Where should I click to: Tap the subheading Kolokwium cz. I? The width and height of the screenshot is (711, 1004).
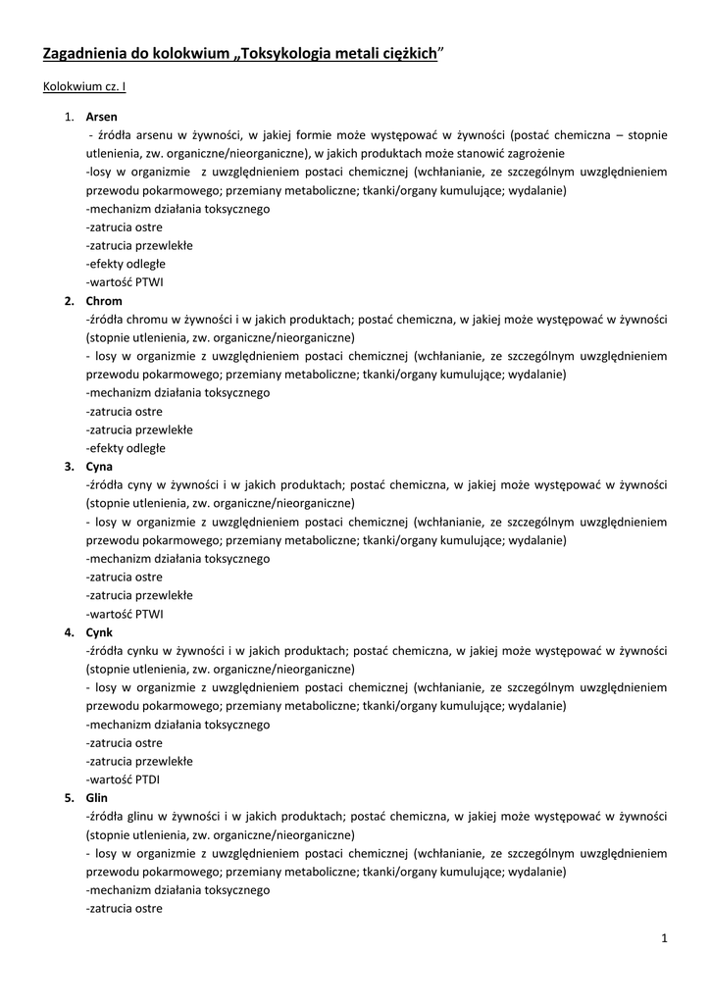83,87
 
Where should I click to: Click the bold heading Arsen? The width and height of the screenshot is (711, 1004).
101,117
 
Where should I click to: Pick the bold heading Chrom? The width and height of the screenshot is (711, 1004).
104,301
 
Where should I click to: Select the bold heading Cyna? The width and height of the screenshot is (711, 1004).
99,467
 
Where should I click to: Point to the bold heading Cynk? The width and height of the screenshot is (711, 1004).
99,632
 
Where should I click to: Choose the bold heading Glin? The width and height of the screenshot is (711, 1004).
97,798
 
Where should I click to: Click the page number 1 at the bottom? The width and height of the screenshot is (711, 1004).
664,939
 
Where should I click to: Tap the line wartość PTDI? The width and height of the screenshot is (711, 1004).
124,779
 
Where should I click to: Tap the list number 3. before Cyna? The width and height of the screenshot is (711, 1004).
70,467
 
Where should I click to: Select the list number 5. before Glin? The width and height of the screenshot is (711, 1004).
70,798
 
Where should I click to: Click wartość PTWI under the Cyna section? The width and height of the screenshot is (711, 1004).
125,614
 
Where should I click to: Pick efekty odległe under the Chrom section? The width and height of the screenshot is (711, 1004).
126,448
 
